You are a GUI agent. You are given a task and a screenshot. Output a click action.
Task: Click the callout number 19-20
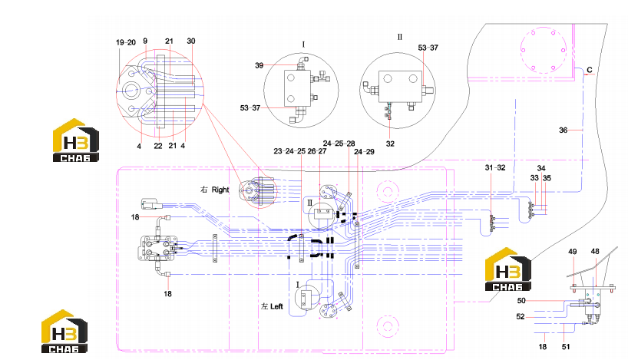[x=126, y=42]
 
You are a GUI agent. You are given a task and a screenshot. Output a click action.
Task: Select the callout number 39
[x=259, y=65]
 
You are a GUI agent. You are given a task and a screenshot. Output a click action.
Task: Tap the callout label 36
[x=563, y=130]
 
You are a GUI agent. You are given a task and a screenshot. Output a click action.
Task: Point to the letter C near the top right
[x=590, y=70]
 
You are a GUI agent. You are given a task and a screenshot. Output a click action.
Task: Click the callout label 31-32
[x=495, y=168]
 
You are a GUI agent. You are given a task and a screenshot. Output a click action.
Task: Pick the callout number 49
[x=572, y=252]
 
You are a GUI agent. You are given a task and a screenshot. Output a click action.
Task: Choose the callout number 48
[x=595, y=252]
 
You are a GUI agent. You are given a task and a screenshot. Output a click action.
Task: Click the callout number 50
[x=521, y=301]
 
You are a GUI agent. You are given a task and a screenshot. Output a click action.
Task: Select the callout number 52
[x=521, y=317]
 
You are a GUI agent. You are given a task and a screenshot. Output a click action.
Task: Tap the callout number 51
[x=566, y=347]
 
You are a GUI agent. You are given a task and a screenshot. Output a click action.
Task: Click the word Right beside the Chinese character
[x=220, y=190]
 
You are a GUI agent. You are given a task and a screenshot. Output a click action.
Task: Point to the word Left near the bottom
[x=276, y=306]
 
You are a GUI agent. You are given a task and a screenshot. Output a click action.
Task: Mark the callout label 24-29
[x=364, y=152]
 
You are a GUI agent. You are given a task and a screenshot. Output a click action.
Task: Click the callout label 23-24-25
[x=289, y=151]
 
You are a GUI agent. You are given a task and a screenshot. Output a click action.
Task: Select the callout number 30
[x=191, y=41]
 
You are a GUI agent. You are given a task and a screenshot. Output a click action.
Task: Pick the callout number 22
[x=158, y=146]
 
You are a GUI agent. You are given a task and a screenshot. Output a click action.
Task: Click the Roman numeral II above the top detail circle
[x=400, y=38]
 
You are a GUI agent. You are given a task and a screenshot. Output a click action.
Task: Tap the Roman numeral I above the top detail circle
[x=303, y=45]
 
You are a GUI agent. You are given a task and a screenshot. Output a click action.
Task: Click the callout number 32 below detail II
[x=390, y=144]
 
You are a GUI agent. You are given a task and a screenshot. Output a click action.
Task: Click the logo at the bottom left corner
[x=64, y=331]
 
